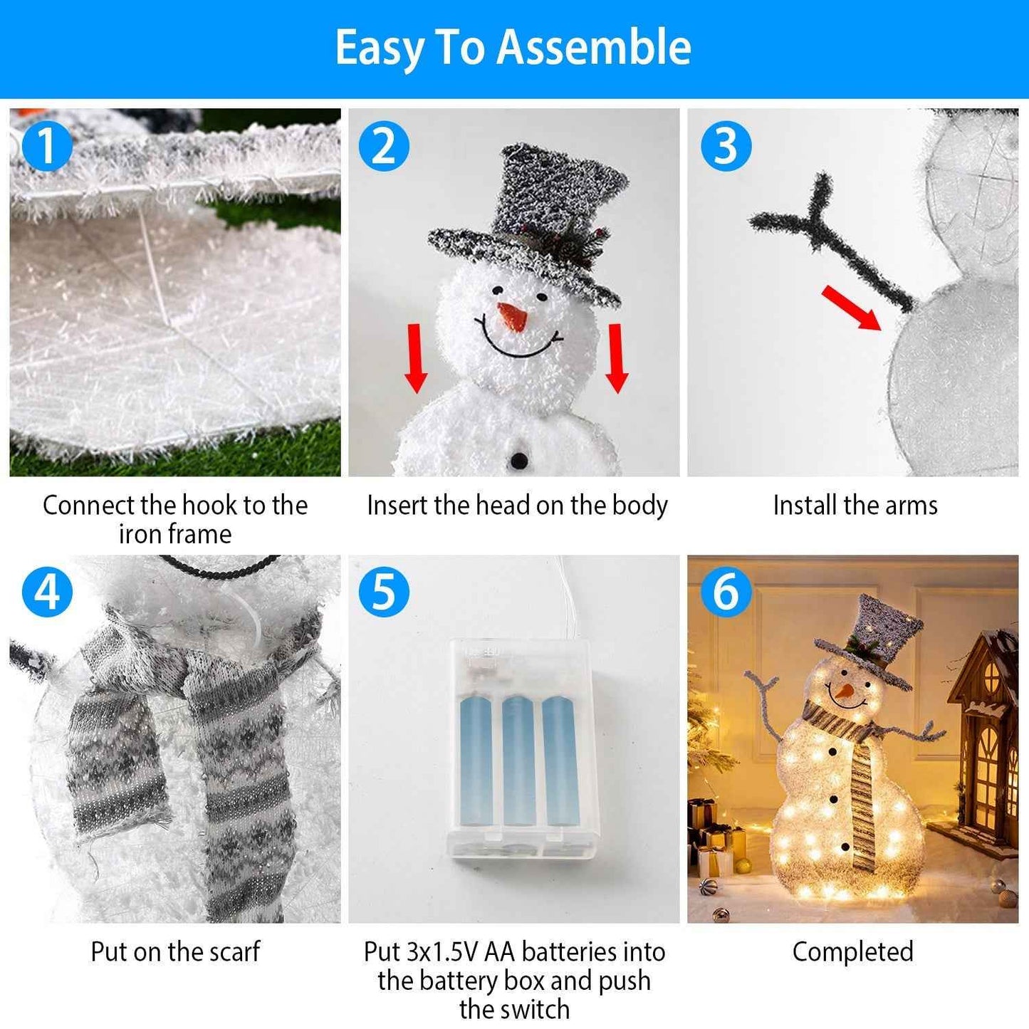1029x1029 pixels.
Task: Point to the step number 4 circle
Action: point(47,592)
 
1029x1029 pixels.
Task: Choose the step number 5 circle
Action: point(384,592)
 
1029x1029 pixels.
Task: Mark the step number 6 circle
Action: point(726,592)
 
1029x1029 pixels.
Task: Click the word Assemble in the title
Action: point(594,48)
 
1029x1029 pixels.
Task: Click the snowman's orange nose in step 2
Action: point(513,316)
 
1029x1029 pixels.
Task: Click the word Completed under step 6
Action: point(852,951)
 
